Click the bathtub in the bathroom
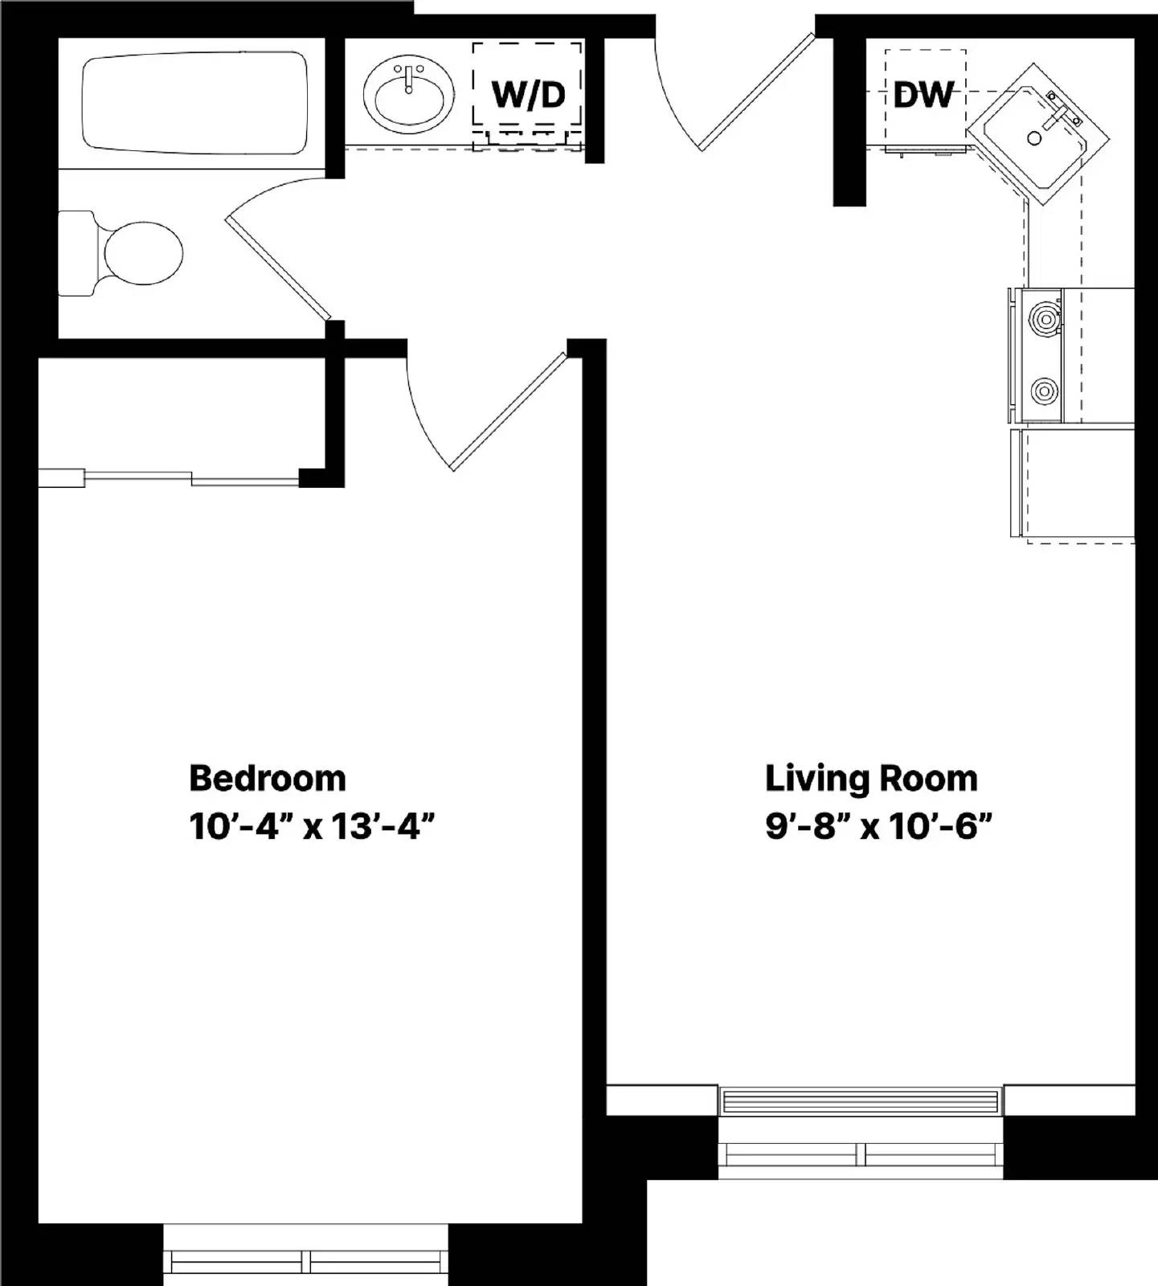(194, 102)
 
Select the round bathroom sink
(408, 95)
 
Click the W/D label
(528, 95)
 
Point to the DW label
(923, 95)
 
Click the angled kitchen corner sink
(1037, 135)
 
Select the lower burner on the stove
(1044, 391)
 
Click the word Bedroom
(267, 778)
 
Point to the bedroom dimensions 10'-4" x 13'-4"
(312, 826)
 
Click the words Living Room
(871, 778)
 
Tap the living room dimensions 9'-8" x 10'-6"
(878, 826)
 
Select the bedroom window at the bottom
(306, 1262)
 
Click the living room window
(861, 1155)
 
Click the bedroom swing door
(508, 412)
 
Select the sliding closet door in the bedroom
(169, 477)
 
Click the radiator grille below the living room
(861, 1100)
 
